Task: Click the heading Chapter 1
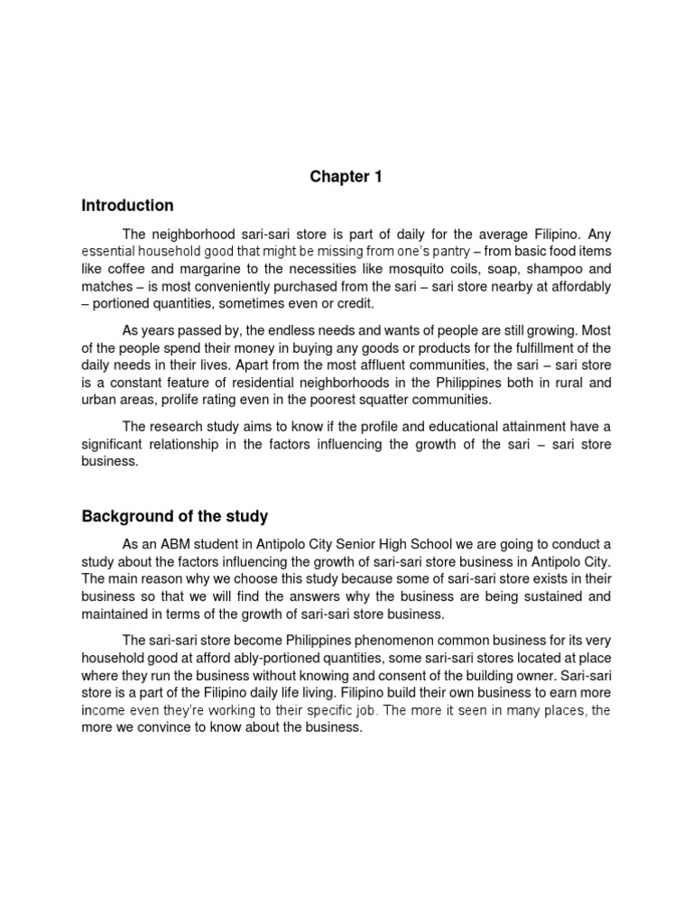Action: (346, 177)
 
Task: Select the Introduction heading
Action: (127, 206)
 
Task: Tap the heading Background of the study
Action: (175, 516)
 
